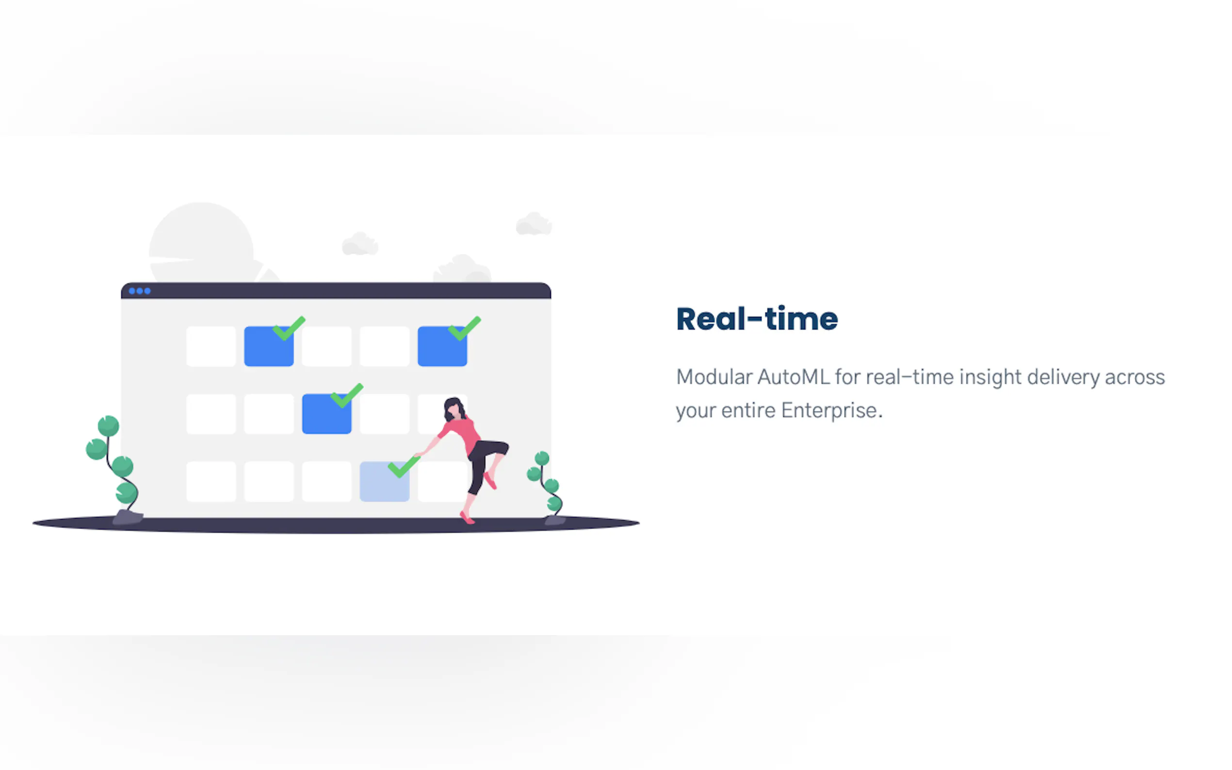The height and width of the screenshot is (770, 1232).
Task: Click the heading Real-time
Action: pos(757,320)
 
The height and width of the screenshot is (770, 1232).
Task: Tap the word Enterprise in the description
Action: pos(828,411)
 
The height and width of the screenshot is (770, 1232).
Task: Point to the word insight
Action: pos(990,378)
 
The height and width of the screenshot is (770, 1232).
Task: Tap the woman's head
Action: pos(454,409)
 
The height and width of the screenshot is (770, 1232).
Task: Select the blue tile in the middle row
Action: pos(326,414)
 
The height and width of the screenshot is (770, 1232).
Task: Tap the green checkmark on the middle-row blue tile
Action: pos(347,395)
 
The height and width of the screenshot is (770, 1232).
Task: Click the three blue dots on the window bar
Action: pos(140,291)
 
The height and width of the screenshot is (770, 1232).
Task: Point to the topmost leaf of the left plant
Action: pos(108,426)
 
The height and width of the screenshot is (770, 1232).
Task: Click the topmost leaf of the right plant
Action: pos(542,458)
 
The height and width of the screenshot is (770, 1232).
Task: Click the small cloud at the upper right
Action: pos(534,224)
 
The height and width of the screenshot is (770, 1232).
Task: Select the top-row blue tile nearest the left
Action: pos(269,346)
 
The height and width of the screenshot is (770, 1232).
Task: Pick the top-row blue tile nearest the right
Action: pos(442,346)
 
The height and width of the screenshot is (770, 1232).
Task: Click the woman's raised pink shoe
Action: pos(489,480)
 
